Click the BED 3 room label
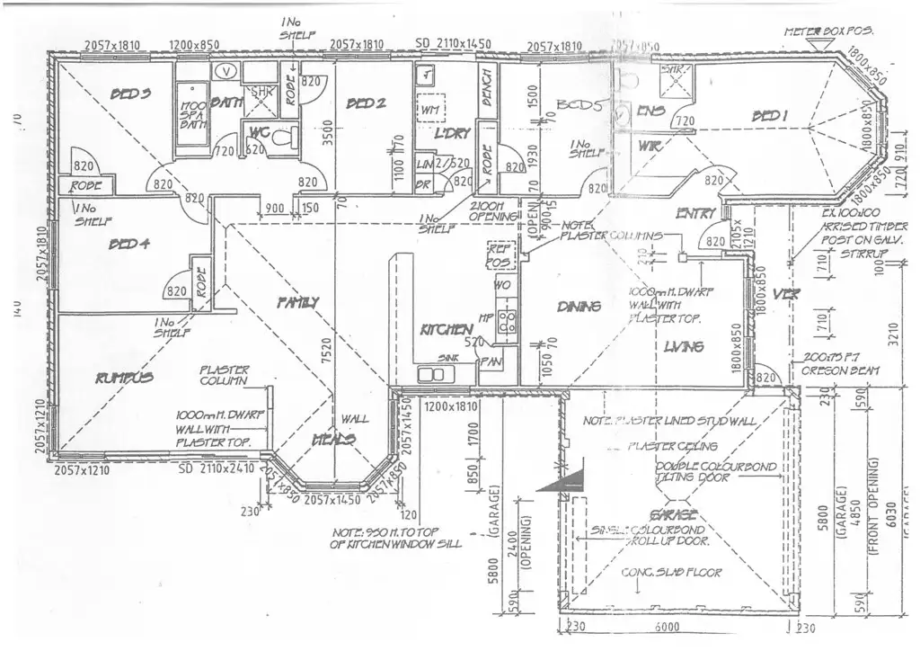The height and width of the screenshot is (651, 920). [130, 94]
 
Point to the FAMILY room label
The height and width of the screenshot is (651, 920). [296, 301]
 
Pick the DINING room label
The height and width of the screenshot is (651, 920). [578, 308]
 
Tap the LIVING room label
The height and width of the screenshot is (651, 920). [684, 347]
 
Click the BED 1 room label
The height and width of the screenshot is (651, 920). [770, 117]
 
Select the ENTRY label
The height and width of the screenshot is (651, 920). [697, 214]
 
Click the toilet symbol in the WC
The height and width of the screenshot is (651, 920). [283, 138]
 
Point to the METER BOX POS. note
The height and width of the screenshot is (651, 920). [828, 31]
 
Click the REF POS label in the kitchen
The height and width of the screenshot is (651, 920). [498, 254]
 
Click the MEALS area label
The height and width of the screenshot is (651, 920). [333, 440]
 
